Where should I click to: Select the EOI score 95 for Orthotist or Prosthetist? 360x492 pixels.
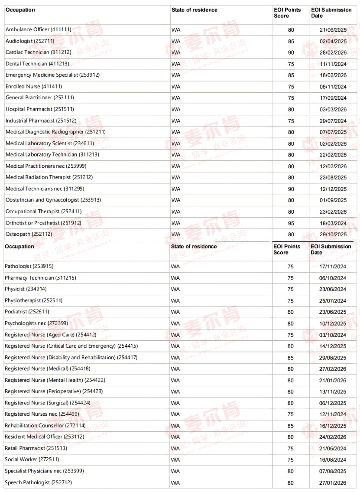[291, 223]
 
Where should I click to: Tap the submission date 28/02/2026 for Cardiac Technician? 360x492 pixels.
[333, 52]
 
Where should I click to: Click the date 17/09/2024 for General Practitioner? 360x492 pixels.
[333, 98]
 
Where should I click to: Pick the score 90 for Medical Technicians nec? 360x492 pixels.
[291, 189]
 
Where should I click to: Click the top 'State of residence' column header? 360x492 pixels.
[195, 10]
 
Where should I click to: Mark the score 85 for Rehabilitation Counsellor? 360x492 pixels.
[291, 426]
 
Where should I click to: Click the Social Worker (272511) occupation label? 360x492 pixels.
[32, 459]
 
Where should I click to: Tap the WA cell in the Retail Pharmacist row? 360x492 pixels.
[175, 448]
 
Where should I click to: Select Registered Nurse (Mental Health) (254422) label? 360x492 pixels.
[55, 380]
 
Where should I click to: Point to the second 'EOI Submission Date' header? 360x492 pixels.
[331, 249]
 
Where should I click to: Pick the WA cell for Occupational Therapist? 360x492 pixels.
[175, 212]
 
